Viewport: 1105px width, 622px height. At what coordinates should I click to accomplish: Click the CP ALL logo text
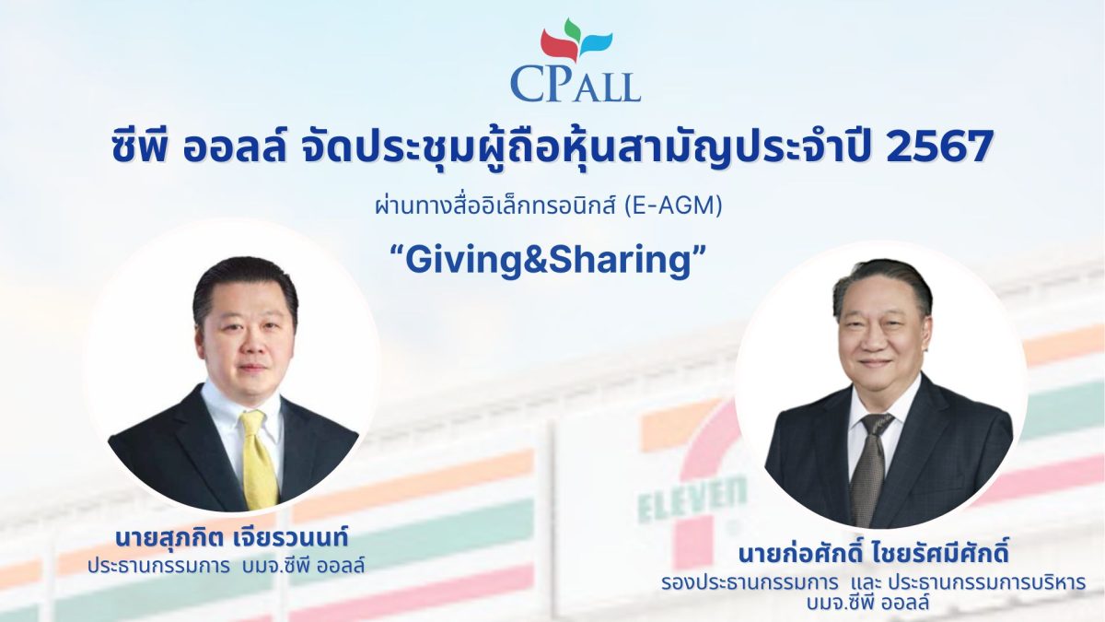[576, 86]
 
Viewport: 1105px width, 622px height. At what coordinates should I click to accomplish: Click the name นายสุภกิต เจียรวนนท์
[232, 537]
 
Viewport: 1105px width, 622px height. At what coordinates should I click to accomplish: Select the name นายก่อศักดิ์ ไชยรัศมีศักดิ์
[873, 554]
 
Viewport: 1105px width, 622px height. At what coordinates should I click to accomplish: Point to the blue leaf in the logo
[596, 43]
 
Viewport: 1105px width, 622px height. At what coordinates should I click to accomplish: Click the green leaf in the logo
[572, 29]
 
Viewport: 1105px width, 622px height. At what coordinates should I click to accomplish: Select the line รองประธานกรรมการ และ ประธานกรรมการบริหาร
[873, 583]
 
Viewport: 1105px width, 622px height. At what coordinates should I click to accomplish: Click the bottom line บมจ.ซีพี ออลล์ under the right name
[873, 603]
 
